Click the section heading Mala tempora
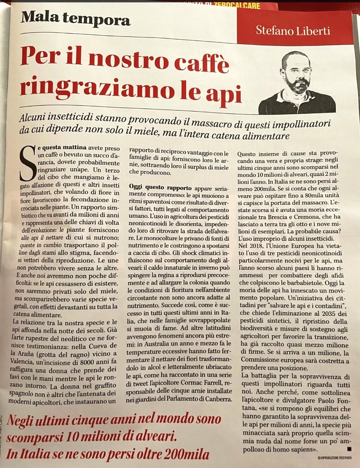pyautogui.click(x=75, y=19)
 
